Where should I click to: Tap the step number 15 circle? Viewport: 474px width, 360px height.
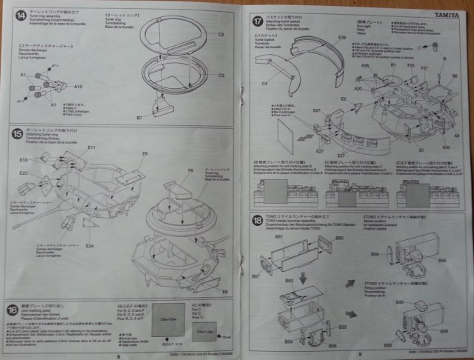tap(17, 134)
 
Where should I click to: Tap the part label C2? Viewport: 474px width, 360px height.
tap(221, 35)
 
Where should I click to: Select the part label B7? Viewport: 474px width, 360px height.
tap(139, 117)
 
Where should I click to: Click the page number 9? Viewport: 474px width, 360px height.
tap(358, 353)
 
